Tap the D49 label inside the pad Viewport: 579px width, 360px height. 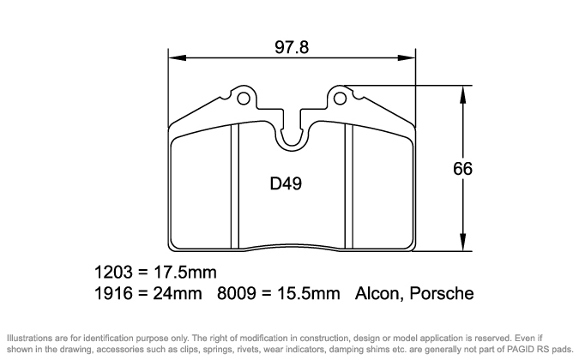click(285, 183)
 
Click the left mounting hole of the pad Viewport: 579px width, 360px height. click(244, 98)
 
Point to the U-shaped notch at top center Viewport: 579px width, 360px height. click(292, 133)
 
